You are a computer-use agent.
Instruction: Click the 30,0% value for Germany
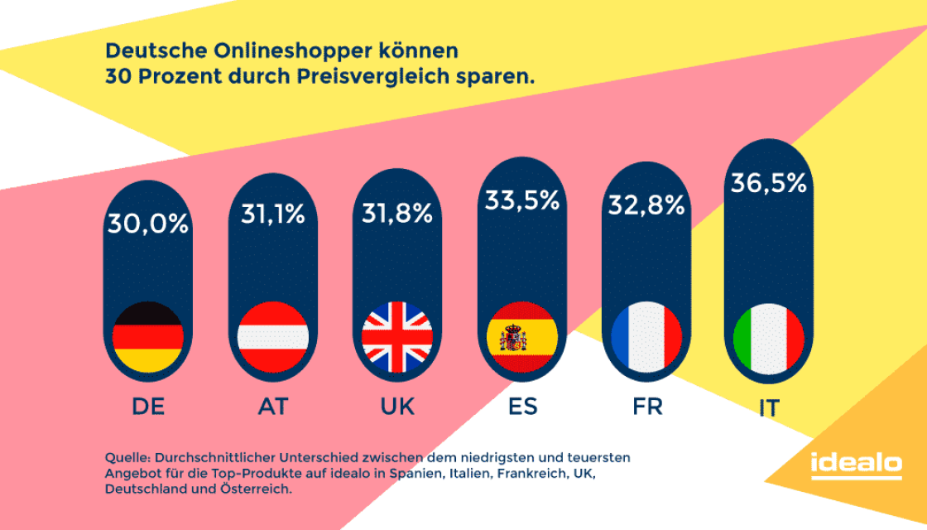pos(147,224)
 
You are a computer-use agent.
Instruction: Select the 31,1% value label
pos(272,215)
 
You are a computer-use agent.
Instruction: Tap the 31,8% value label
pos(397,214)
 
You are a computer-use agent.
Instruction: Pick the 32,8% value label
pos(646,205)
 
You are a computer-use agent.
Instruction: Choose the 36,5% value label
pos(768,183)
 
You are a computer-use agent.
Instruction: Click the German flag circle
pos(147,337)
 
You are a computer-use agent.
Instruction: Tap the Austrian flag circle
pos(272,337)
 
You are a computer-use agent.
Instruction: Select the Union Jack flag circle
pos(397,337)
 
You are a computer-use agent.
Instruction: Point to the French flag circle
pos(646,337)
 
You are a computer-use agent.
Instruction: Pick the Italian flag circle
pos(768,338)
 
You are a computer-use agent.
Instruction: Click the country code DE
pos(147,407)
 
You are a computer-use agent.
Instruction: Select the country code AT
pos(272,407)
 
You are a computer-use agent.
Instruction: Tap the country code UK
pos(397,407)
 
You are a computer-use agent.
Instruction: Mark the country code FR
pos(646,407)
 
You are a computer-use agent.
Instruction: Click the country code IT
pos(768,409)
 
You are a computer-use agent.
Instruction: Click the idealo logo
pos(856,465)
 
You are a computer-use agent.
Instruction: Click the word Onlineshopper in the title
pos(285,51)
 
